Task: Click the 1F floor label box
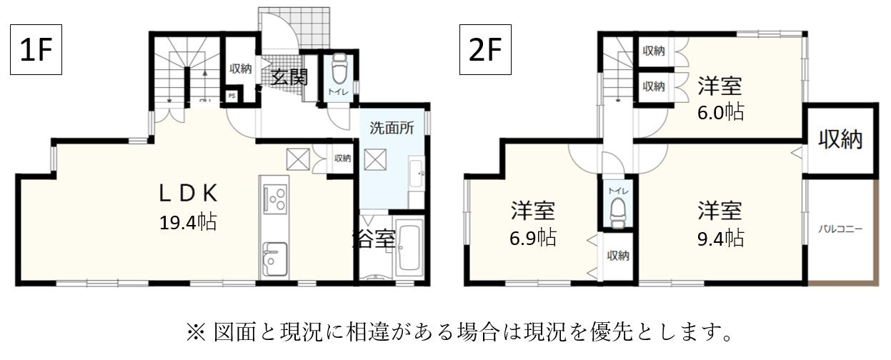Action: (35, 49)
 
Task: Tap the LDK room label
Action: (188, 193)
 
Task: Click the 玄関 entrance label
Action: (289, 76)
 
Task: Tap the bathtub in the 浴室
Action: (409, 248)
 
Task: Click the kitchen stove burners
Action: (274, 198)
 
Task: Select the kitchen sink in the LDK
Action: (274, 259)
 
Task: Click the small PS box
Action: (232, 96)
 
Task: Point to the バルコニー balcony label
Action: (841, 230)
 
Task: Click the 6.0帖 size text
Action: (720, 112)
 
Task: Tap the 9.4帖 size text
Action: (720, 238)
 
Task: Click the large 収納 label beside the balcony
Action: (840, 140)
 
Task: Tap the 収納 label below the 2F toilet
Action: (618, 255)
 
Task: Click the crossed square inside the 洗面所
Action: (374, 159)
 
